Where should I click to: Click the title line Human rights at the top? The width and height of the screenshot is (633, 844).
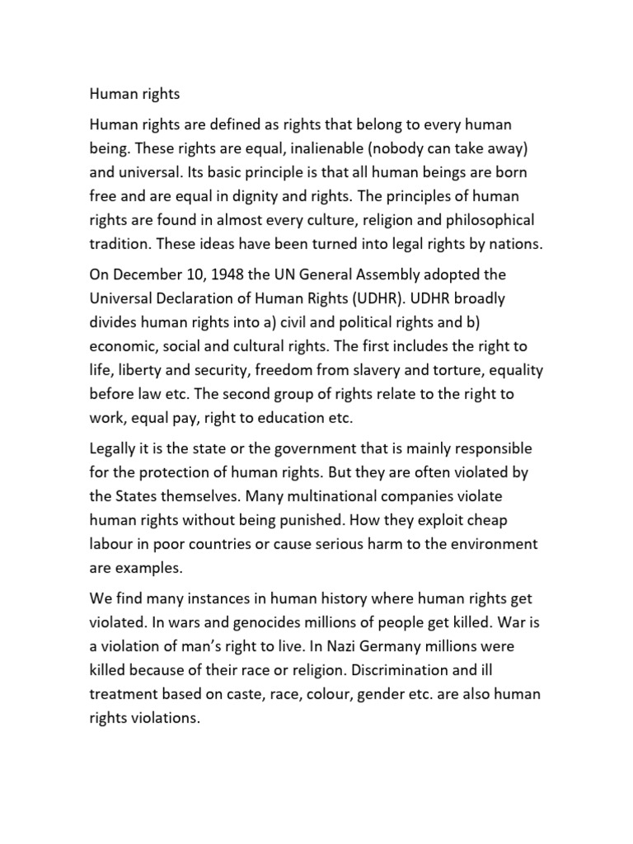tap(134, 94)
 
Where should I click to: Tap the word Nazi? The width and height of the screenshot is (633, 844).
tap(326, 647)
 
